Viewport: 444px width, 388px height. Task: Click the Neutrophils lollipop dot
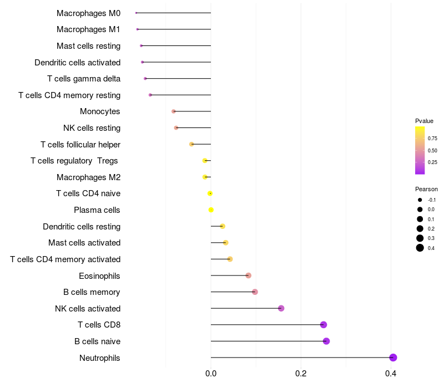pyautogui.click(x=393, y=358)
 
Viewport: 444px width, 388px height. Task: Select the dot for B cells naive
pyautogui.click(x=326, y=341)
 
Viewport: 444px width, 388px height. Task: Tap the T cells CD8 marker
pyautogui.click(x=324, y=325)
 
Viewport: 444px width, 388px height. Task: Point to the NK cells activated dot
pyautogui.click(x=281, y=308)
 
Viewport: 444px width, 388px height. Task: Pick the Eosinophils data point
pyautogui.click(x=248, y=275)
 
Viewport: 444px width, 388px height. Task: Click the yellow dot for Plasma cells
pyautogui.click(x=211, y=210)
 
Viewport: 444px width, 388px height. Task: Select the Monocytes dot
pyautogui.click(x=174, y=111)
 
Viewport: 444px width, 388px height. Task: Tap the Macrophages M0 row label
pyautogui.click(x=88, y=13)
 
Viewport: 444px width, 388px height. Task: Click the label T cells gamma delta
pyautogui.click(x=84, y=79)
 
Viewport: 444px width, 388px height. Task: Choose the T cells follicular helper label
pyautogui.click(x=80, y=145)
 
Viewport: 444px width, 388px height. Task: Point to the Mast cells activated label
pyautogui.click(x=84, y=243)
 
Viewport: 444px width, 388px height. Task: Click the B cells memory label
pyautogui.click(x=92, y=292)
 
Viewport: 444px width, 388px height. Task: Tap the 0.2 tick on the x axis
pyautogui.click(x=301, y=374)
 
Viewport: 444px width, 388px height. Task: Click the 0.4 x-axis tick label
pyautogui.click(x=391, y=374)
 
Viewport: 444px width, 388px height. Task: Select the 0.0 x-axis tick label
pyautogui.click(x=211, y=374)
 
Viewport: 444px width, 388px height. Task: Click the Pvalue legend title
pyautogui.click(x=424, y=121)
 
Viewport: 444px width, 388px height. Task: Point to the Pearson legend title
pyautogui.click(x=426, y=189)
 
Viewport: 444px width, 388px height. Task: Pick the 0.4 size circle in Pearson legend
pyautogui.click(x=420, y=248)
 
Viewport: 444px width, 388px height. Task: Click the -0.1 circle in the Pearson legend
pyautogui.click(x=420, y=200)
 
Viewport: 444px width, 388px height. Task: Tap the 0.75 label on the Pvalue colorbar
pyautogui.click(x=432, y=138)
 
